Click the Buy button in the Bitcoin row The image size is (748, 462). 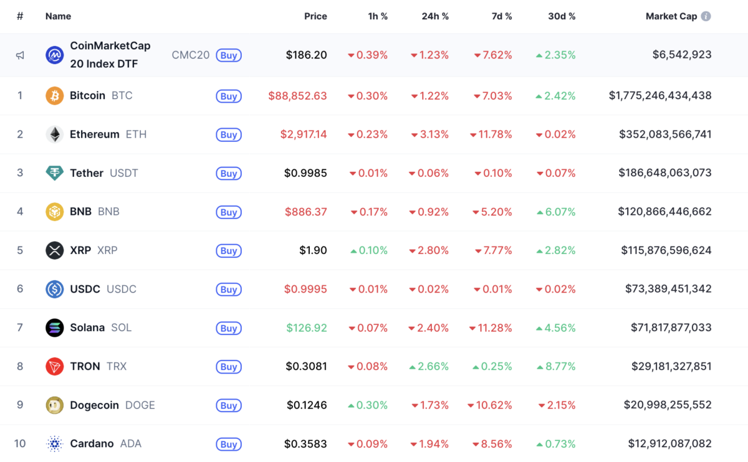pos(229,97)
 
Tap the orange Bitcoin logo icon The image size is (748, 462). pos(55,96)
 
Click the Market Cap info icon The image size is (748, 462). pos(706,16)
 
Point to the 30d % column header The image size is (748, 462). pos(561,16)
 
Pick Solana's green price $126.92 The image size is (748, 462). pos(307,328)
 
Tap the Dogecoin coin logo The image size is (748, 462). pos(55,405)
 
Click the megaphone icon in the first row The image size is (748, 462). pos(20,55)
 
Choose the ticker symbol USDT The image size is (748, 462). pos(124,173)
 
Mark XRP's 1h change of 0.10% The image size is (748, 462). pos(369,250)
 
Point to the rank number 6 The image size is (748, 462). pos(20,289)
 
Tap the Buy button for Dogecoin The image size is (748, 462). pos(229,405)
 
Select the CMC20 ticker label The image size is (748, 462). pos(190,55)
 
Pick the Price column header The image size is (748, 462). pos(315,16)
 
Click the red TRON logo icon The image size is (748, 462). pos(55,367)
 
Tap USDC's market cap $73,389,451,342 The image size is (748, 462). pos(668,289)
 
